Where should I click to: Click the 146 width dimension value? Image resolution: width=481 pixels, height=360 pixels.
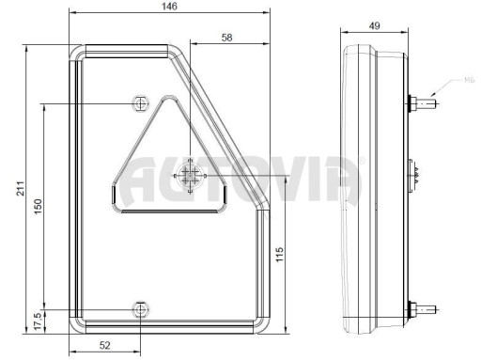click(x=169, y=7)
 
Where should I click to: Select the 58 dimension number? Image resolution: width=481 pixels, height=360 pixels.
click(x=226, y=38)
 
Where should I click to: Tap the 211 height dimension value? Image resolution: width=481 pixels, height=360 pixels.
click(x=21, y=188)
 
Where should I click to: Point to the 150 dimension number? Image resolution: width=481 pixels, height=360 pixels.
click(x=38, y=207)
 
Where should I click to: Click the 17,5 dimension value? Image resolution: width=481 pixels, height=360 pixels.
click(x=38, y=321)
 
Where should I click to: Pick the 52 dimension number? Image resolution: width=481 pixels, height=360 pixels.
click(x=105, y=345)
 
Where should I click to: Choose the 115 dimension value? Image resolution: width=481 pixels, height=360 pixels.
click(x=280, y=255)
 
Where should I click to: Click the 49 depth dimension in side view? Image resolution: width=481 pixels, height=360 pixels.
click(x=374, y=25)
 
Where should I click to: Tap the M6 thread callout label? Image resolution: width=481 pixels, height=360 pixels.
click(x=470, y=81)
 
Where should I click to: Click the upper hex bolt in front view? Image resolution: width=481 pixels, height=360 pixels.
click(x=140, y=103)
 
